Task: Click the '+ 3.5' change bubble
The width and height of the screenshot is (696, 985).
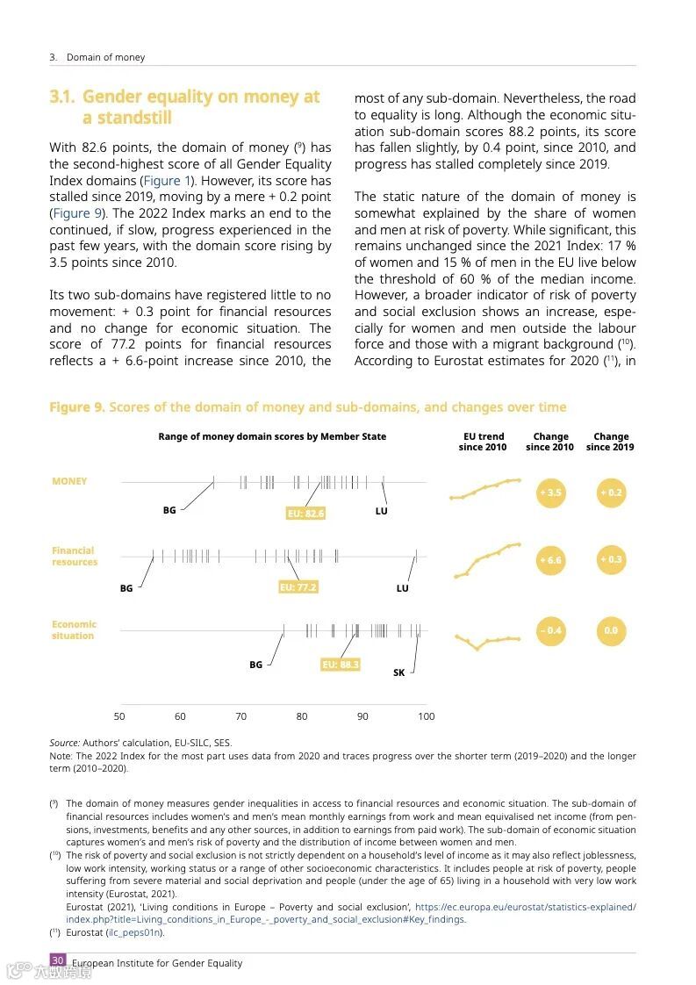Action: pos(550,492)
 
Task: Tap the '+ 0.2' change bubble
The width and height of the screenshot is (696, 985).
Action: pos(610,492)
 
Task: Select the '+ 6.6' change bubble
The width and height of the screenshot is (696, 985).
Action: pos(550,560)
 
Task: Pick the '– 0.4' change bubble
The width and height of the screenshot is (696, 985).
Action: pos(550,630)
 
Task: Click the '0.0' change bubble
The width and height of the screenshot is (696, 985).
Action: pos(610,630)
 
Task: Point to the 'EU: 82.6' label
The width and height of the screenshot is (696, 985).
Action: pos(305,514)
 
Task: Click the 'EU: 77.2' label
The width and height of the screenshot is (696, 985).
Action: pos(298,587)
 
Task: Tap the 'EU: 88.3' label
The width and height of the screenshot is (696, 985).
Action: pos(341,665)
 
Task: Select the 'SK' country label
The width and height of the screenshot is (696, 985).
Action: pos(398,672)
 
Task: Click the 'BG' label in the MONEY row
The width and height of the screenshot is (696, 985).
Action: pos(169,510)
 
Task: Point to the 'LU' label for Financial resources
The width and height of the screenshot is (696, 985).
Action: pos(402,588)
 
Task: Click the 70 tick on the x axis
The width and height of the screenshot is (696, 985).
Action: pos(240,716)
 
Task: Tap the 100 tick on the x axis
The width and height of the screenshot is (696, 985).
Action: pos(426,716)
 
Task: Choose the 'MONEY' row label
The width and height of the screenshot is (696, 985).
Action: pos(69,481)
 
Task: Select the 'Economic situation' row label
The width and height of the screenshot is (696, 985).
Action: pos(74,630)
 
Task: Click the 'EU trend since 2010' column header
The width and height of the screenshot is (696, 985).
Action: pos(482,442)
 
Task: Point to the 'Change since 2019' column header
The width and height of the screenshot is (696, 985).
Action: pos(610,442)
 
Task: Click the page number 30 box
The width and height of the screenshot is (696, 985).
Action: pos(57,960)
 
